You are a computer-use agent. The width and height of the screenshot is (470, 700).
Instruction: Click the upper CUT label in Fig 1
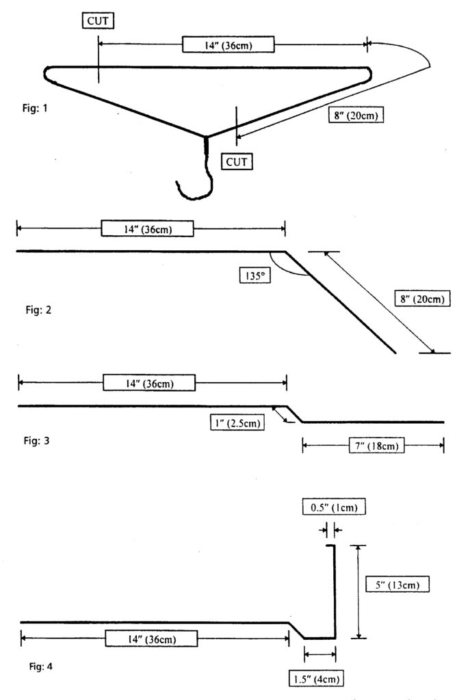[97, 21]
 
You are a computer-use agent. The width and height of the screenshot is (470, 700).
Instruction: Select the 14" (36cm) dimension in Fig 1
[229, 44]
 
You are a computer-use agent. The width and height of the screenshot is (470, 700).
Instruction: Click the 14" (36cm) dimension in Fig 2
[147, 228]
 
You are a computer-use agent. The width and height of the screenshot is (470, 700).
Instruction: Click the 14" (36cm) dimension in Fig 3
[149, 383]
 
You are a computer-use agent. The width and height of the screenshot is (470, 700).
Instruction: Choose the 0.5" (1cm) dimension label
[330, 508]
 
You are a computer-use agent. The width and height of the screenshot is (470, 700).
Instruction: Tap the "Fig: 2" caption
[35, 310]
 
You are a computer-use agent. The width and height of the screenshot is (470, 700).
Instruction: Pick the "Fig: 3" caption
[35, 440]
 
